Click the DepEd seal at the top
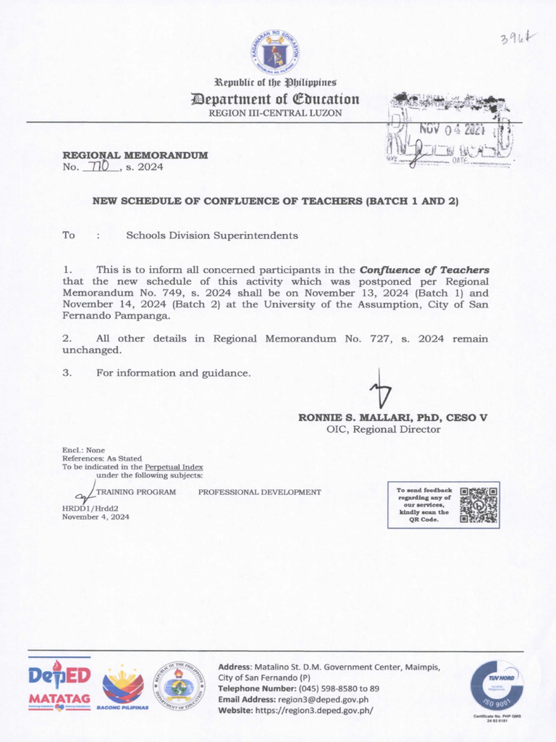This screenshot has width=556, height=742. coord(275,52)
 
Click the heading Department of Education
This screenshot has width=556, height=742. coord(274,99)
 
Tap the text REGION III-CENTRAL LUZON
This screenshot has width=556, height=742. coord(275,113)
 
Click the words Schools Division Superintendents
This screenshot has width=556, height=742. coord(212,235)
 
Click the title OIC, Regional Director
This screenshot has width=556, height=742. coord(383,429)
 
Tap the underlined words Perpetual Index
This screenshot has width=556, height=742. coord(174,467)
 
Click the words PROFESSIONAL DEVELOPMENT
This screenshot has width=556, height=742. coord(259,492)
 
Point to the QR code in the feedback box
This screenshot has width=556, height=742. coord(479,504)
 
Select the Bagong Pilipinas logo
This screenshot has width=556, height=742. coord(122,687)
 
